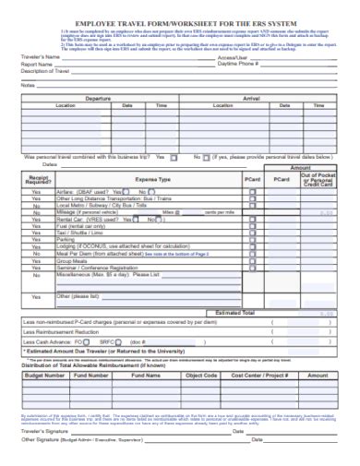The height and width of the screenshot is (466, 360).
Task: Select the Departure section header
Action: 98,97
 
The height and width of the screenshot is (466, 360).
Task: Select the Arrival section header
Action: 252,97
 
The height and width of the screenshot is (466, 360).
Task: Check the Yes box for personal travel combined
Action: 175,157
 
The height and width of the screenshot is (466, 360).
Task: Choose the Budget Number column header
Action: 44,376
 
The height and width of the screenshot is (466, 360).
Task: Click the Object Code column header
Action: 201,376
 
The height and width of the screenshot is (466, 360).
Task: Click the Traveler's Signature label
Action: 44,431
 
